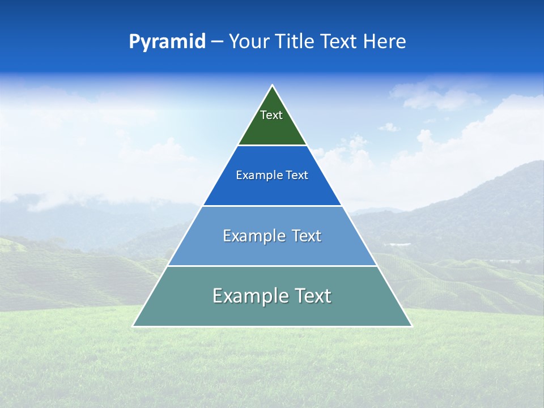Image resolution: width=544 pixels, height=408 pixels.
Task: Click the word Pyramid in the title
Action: click(x=167, y=42)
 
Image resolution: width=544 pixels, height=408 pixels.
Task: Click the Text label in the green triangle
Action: click(x=271, y=115)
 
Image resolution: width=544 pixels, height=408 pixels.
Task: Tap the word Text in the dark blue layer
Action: click(x=297, y=176)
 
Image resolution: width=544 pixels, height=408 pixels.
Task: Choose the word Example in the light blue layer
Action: click(x=253, y=236)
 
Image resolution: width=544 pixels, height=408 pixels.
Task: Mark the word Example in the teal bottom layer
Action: click(x=249, y=296)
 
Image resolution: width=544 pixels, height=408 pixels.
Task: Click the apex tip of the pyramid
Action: click(x=273, y=86)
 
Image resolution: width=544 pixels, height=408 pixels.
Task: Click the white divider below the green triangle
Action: click(x=273, y=146)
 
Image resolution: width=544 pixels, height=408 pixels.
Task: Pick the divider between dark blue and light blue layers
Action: click(x=273, y=206)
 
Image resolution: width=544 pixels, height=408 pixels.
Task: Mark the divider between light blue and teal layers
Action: click(x=273, y=266)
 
